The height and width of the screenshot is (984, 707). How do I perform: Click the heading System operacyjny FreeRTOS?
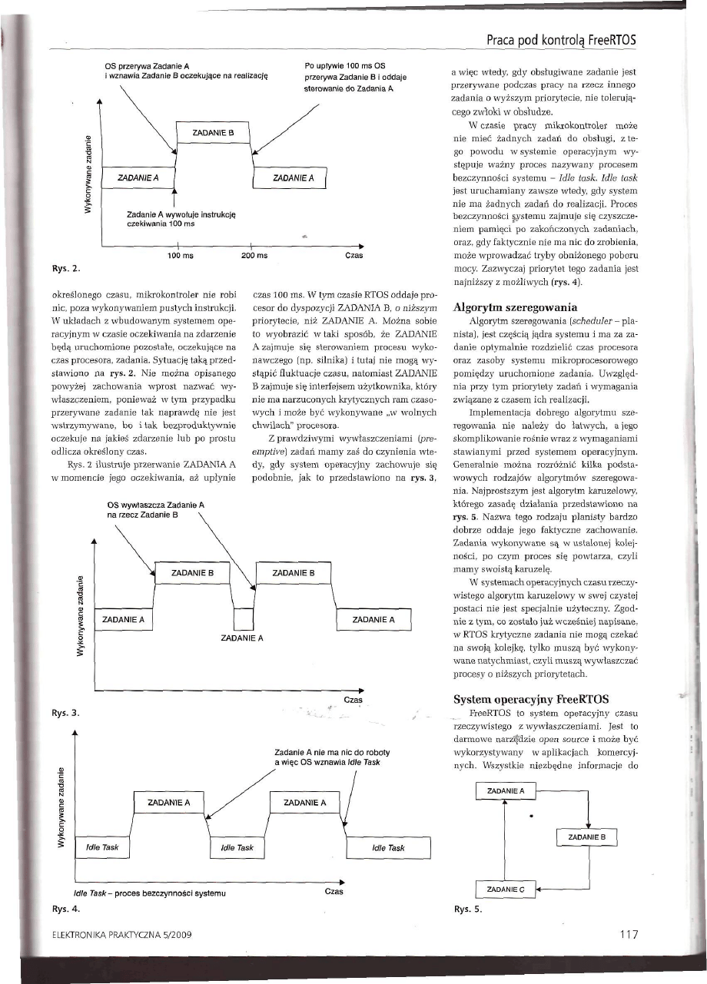tap(521, 699)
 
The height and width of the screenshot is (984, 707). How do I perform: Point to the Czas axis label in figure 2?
tap(355, 254)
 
